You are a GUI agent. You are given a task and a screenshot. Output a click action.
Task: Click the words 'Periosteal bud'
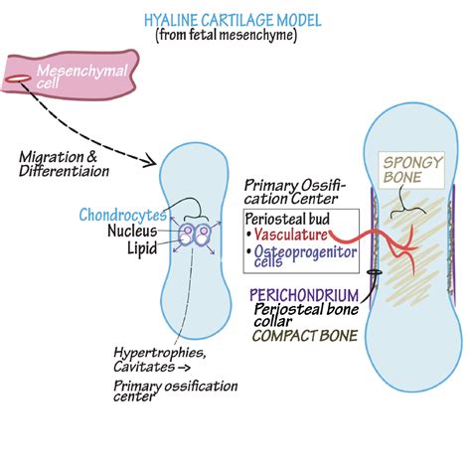tap(289, 218)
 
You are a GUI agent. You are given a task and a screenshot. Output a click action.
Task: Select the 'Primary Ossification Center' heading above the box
tap(289, 190)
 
